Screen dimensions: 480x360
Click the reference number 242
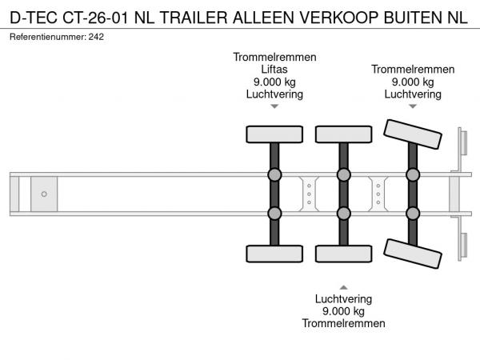pyautogui.click(x=96, y=37)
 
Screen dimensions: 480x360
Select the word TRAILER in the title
pyautogui.click(x=194, y=18)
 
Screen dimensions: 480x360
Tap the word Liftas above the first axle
pyautogui.click(x=274, y=70)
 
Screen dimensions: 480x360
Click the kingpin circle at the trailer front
pyautogui.click(x=44, y=194)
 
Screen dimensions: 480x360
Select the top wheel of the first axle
pyautogui.click(x=274, y=134)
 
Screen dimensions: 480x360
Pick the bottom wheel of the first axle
pyautogui.click(x=274, y=254)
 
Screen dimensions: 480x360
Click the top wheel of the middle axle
pyautogui.click(x=344, y=134)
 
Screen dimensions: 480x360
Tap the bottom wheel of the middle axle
pyautogui.click(x=344, y=254)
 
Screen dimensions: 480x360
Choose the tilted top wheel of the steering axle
pyautogui.click(x=413, y=134)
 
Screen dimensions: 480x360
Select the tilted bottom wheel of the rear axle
pyautogui.click(x=413, y=254)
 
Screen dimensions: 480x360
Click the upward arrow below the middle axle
pyautogui.click(x=343, y=287)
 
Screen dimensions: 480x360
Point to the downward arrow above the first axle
pyautogui.click(x=274, y=106)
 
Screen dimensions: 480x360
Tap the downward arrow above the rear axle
pyautogui.click(x=413, y=106)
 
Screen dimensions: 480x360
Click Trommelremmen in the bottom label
pyautogui.click(x=343, y=323)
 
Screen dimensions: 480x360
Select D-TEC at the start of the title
pyautogui.click(x=34, y=18)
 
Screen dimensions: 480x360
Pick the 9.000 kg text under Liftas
pyautogui.click(x=274, y=82)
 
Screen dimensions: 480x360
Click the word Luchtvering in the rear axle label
pyautogui.click(x=413, y=94)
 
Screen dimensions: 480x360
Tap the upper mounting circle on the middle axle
pyautogui.click(x=344, y=174)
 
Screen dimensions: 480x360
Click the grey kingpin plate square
pyautogui.click(x=44, y=194)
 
